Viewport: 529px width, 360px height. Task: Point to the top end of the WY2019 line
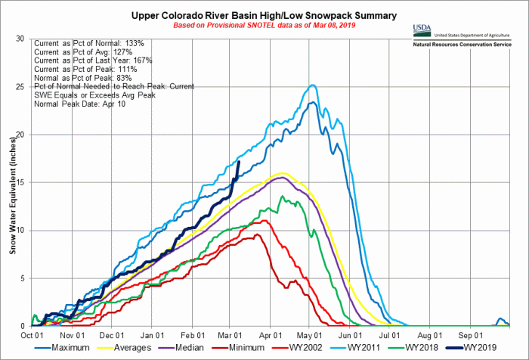[240, 161]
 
